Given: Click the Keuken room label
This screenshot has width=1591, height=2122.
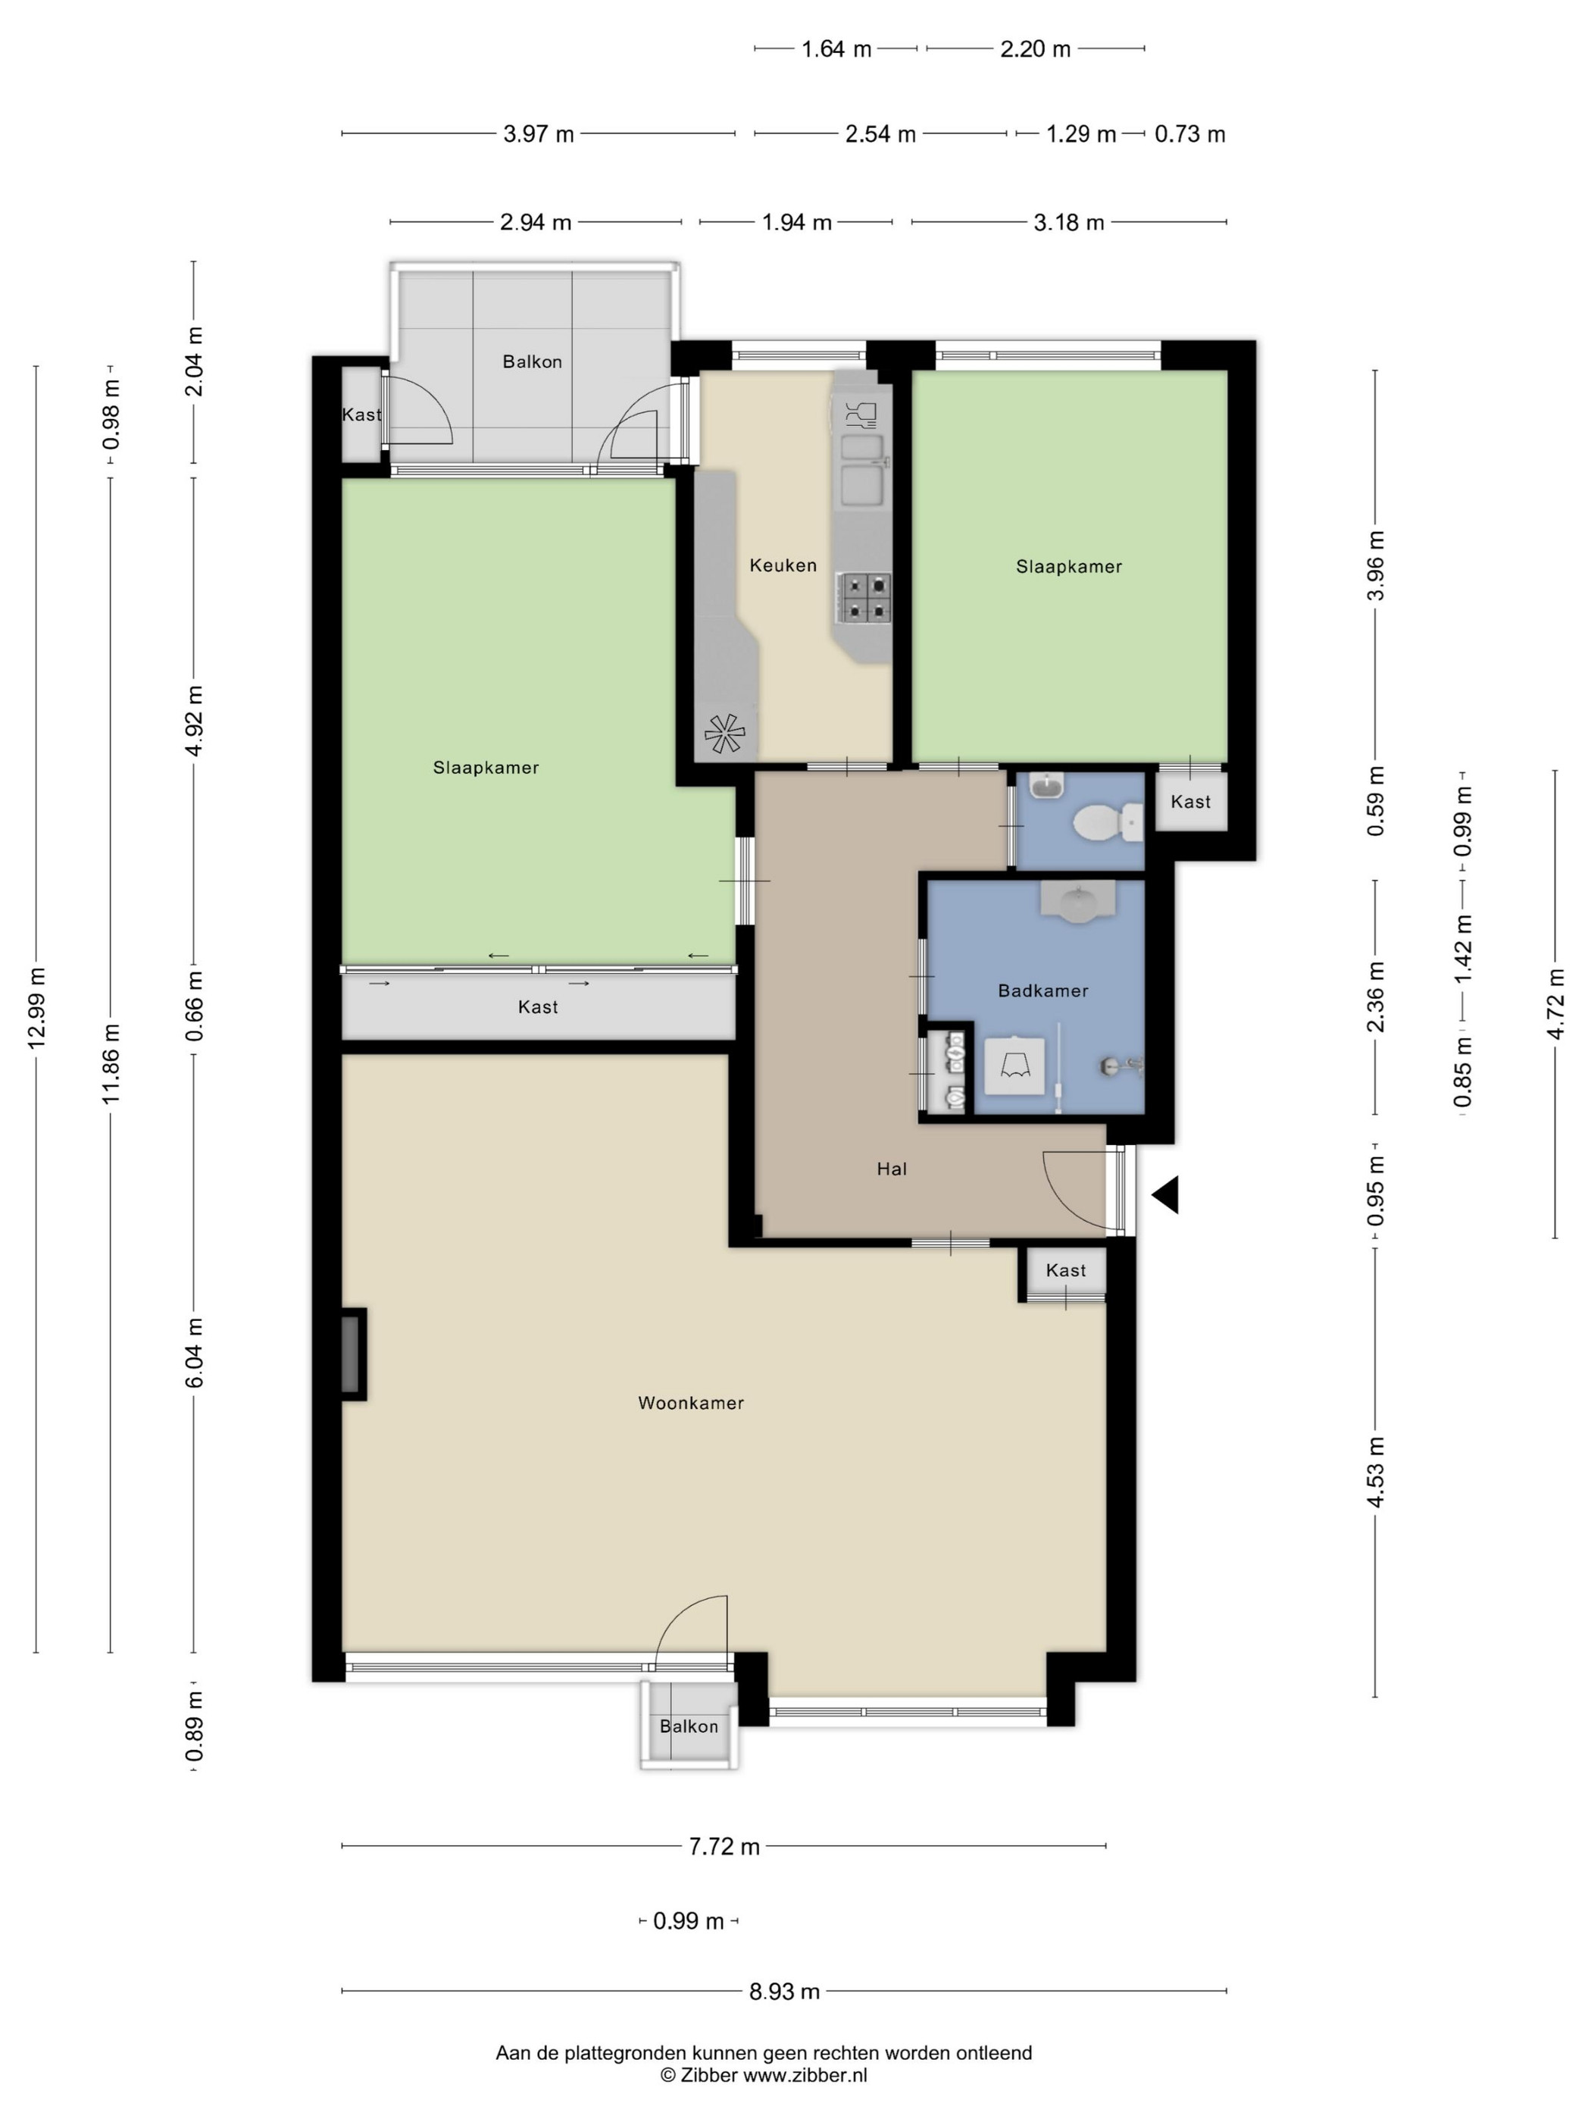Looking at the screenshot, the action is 783,565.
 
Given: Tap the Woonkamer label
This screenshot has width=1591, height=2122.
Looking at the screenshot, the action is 690,1403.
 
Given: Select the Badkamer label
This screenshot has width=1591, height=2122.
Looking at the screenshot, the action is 1042,990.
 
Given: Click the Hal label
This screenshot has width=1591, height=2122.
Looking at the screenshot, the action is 891,1169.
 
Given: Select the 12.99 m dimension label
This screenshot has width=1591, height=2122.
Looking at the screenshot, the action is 37,1007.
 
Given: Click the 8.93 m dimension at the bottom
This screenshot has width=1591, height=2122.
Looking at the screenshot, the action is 784,1992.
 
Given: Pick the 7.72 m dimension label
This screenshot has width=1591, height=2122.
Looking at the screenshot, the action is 724,1847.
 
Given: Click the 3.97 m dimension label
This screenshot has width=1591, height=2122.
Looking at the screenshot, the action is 538,134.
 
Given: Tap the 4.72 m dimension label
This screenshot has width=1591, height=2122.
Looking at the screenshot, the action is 1555,1003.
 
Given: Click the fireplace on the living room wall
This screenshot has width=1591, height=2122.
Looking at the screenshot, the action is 353,1354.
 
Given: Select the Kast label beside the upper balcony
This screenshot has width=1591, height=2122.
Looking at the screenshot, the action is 361,415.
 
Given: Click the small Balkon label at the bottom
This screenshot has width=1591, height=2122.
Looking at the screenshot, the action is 689,1726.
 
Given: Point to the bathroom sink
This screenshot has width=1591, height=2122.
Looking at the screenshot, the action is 1079,902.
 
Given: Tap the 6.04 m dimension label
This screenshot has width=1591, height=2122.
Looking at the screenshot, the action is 195,1353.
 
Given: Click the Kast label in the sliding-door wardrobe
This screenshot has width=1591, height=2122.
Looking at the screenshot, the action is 537,1006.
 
